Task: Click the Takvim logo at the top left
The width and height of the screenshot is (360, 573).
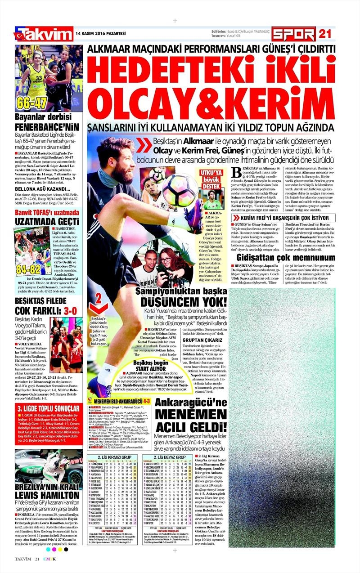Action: coord(44,34)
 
